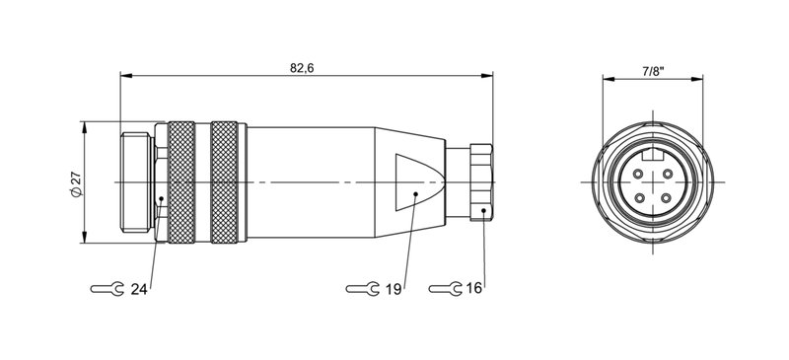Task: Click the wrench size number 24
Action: click(x=139, y=289)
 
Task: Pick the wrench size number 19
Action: click(x=394, y=289)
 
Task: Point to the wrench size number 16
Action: click(x=473, y=289)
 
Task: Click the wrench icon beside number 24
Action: click(x=107, y=289)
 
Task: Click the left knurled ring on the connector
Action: click(x=182, y=182)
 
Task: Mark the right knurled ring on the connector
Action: click(x=226, y=182)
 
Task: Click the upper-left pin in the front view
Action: click(x=637, y=173)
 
